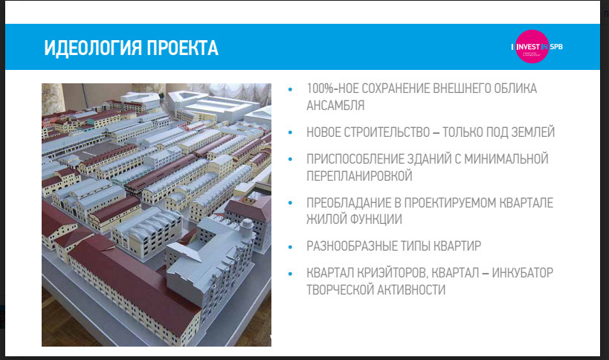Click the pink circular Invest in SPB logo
[x=532, y=47]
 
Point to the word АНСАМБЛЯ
[x=335, y=106]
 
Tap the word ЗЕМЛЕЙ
[x=533, y=132]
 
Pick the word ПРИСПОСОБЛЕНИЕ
[x=354, y=159]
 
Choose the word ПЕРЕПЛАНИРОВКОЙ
[x=359, y=176]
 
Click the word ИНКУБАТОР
[x=523, y=273]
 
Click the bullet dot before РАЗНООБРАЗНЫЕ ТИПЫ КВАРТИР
[x=291, y=247]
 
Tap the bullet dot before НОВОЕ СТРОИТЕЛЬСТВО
[x=291, y=133]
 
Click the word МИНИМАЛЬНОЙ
[x=506, y=159]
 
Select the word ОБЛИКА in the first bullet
[x=515, y=89]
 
